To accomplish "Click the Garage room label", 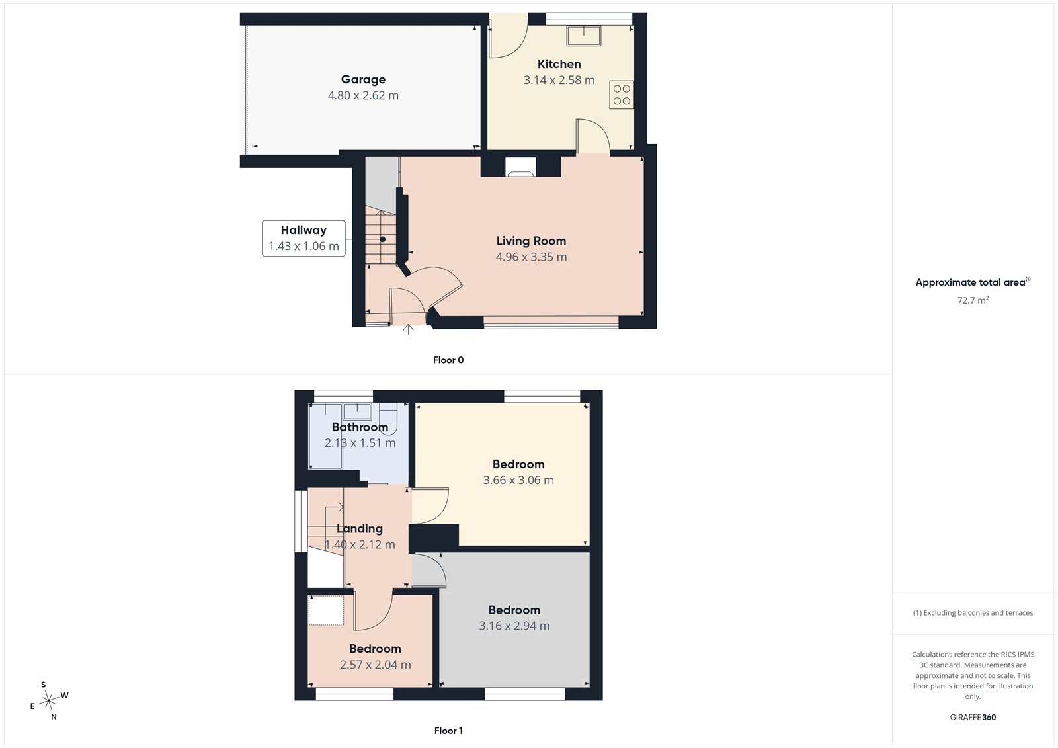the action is pyautogui.click(x=363, y=79).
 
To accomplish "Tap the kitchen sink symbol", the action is pyautogui.click(x=584, y=36).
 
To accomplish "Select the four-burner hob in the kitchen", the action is pyautogui.click(x=622, y=95).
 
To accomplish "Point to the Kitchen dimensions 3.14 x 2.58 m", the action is pyautogui.click(x=559, y=80).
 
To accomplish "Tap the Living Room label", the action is pyautogui.click(x=531, y=241).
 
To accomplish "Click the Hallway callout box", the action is pyautogui.click(x=304, y=238).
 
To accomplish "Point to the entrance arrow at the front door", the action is pyautogui.click(x=408, y=329).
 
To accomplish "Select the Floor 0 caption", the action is pyautogui.click(x=448, y=360).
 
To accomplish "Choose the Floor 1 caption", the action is pyautogui.click(x=448, y=731).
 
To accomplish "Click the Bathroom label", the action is pyautogui.click(x=360, y=427).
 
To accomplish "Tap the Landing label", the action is pyautogui.click(x=360, y=528).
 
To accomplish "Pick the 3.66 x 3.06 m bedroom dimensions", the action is pyautogui.click(x=518, y=480).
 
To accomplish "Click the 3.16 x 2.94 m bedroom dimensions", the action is pyautogui.click(x=514, y=626).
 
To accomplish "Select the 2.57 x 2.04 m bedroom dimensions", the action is pyautogui.click(x=376, y=665).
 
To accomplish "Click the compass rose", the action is pyautogui.click(x=48, y=700).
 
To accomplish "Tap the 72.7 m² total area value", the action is pyautogui.click(x=973, y=300).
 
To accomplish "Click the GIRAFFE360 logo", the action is pyautogui.click(x=973, y=717).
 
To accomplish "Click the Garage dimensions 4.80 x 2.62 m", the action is pyautogui.click(x=363, y=95).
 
